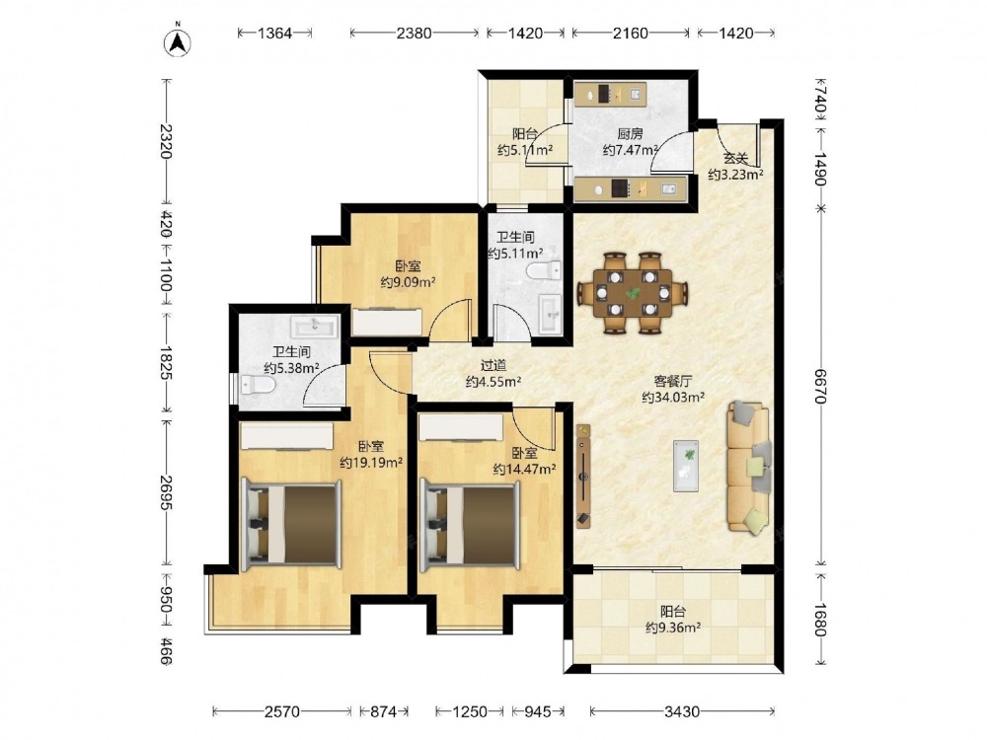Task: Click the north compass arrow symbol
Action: click(x=178, y=41)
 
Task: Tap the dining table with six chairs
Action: click(x=633, y=293)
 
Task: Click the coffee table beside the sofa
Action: click(x=686, y=466)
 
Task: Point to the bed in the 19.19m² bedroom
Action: click(x=291, y=525)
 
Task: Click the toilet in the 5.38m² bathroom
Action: click(x=258, y=384)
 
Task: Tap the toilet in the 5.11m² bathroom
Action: click(x=544, y=271)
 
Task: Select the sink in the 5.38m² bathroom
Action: click(x=314, y=326)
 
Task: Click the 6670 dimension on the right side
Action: click(x=819, y=386)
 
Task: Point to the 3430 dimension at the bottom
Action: click(x=682, y=711)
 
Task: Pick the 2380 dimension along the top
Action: click(x=415, y=33)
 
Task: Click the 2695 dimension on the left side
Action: click(x=166, y=492)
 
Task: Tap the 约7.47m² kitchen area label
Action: click(x=630, y=150)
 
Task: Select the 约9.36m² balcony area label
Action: click(x=673, y=628)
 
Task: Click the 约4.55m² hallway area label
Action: click(x=493, y=381)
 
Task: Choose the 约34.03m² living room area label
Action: click(x=673, y=397)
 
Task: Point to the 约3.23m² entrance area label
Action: click(x=735, y=175)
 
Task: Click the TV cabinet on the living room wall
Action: click(x=583, y=476)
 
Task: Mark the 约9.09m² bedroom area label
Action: click(x=409, y=282)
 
